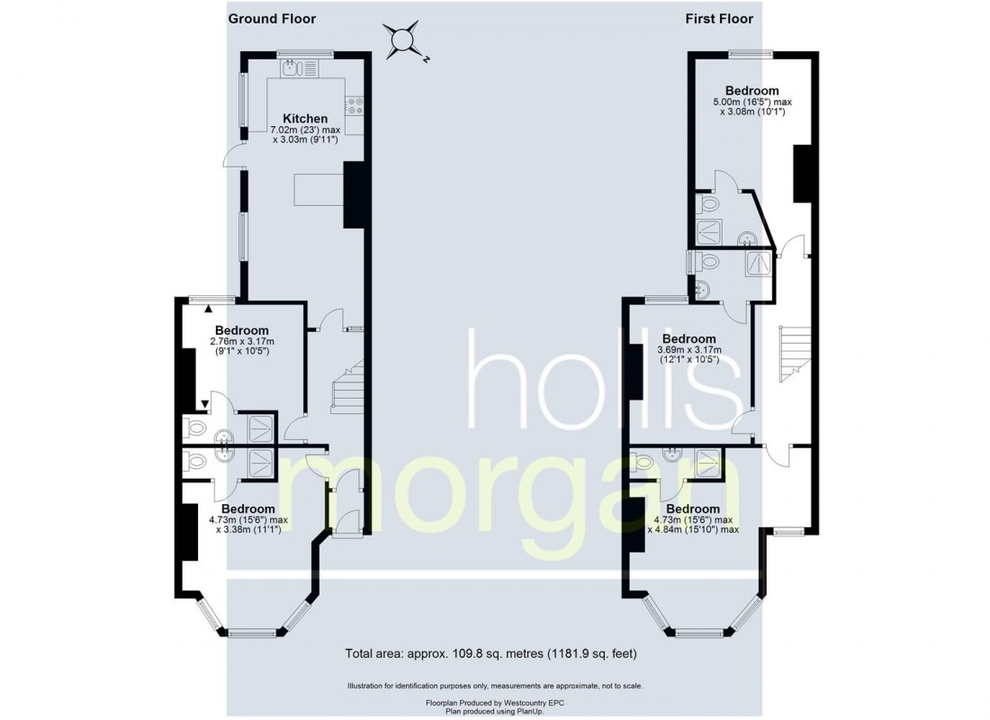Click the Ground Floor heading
tap(272, 19)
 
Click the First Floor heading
tap(719, 19)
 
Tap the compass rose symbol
tap(401, 40)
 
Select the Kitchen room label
tap(305, 119)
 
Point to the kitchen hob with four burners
tap(354, 105)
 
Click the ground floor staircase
tap(347, 386)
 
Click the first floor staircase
tap(795, 354)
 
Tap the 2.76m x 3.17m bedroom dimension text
tap(242, 346)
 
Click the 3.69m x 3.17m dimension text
tap(688, 355)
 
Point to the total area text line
tap(490, 653)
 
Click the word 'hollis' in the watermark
tap(603, 379)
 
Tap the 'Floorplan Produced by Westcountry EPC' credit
tap(495, 702)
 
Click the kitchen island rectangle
tap(319, 190)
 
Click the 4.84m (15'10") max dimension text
tap(693, 529)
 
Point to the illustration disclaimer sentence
tap(495, 686)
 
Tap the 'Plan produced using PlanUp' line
tap(495, 711)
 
